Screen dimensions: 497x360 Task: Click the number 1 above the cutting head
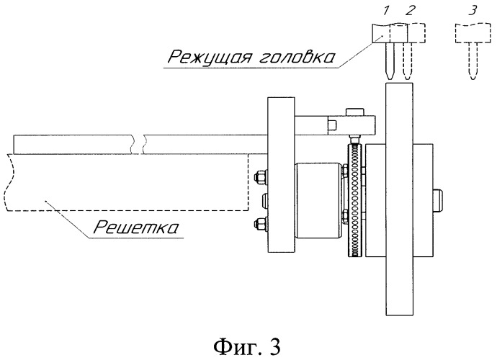385,11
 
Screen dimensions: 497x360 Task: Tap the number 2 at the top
410,11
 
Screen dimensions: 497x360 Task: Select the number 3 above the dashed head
473,11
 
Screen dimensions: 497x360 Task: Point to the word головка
297,58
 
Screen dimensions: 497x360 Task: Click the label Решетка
136,228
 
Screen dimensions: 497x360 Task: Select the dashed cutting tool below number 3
473,61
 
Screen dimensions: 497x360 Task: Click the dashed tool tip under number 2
408,78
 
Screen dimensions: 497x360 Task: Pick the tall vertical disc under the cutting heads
399,199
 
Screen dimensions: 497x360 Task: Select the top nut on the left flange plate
261,176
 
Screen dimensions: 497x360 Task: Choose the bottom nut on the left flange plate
261,223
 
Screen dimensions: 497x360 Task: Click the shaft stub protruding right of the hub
437,200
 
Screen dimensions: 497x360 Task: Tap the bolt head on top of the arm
354,112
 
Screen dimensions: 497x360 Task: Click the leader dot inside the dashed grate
46,201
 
